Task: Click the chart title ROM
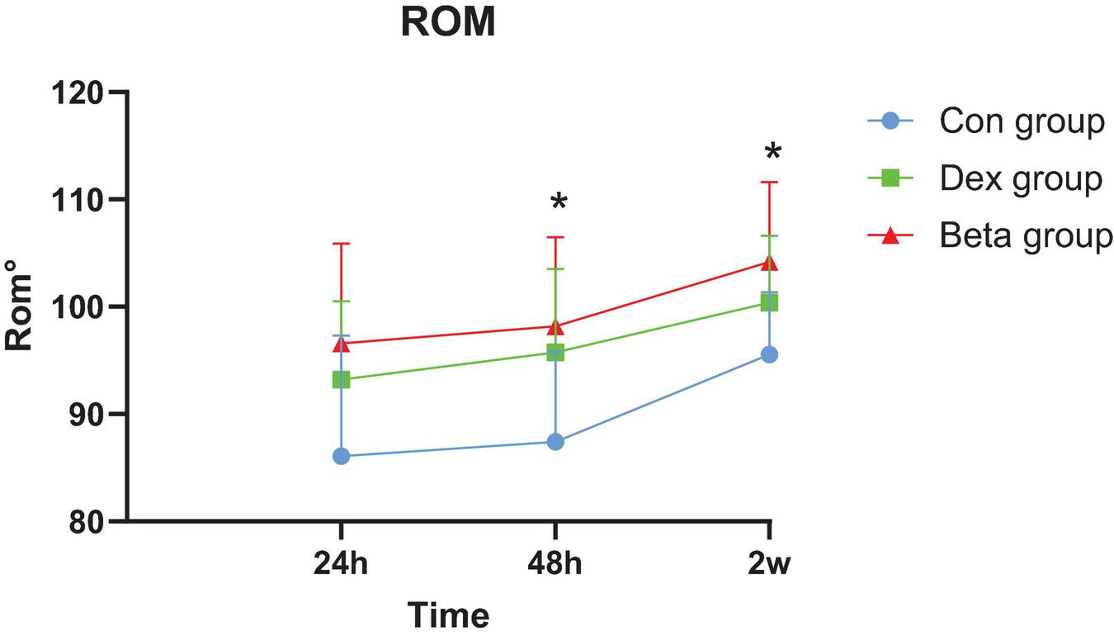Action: coord(448,22)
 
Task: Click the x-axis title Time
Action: coord(449,615)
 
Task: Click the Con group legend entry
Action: coord(1022,121)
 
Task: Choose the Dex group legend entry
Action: coord(1021,178)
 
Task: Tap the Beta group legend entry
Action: coord(1026,235)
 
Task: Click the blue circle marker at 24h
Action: coord(341,456)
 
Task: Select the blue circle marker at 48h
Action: coord(555,442)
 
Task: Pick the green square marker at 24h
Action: coord(341,380)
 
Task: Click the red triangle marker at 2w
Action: coord(769,263)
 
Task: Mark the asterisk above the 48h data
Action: coord(559,202)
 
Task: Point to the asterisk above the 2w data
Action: coord(772,152)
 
